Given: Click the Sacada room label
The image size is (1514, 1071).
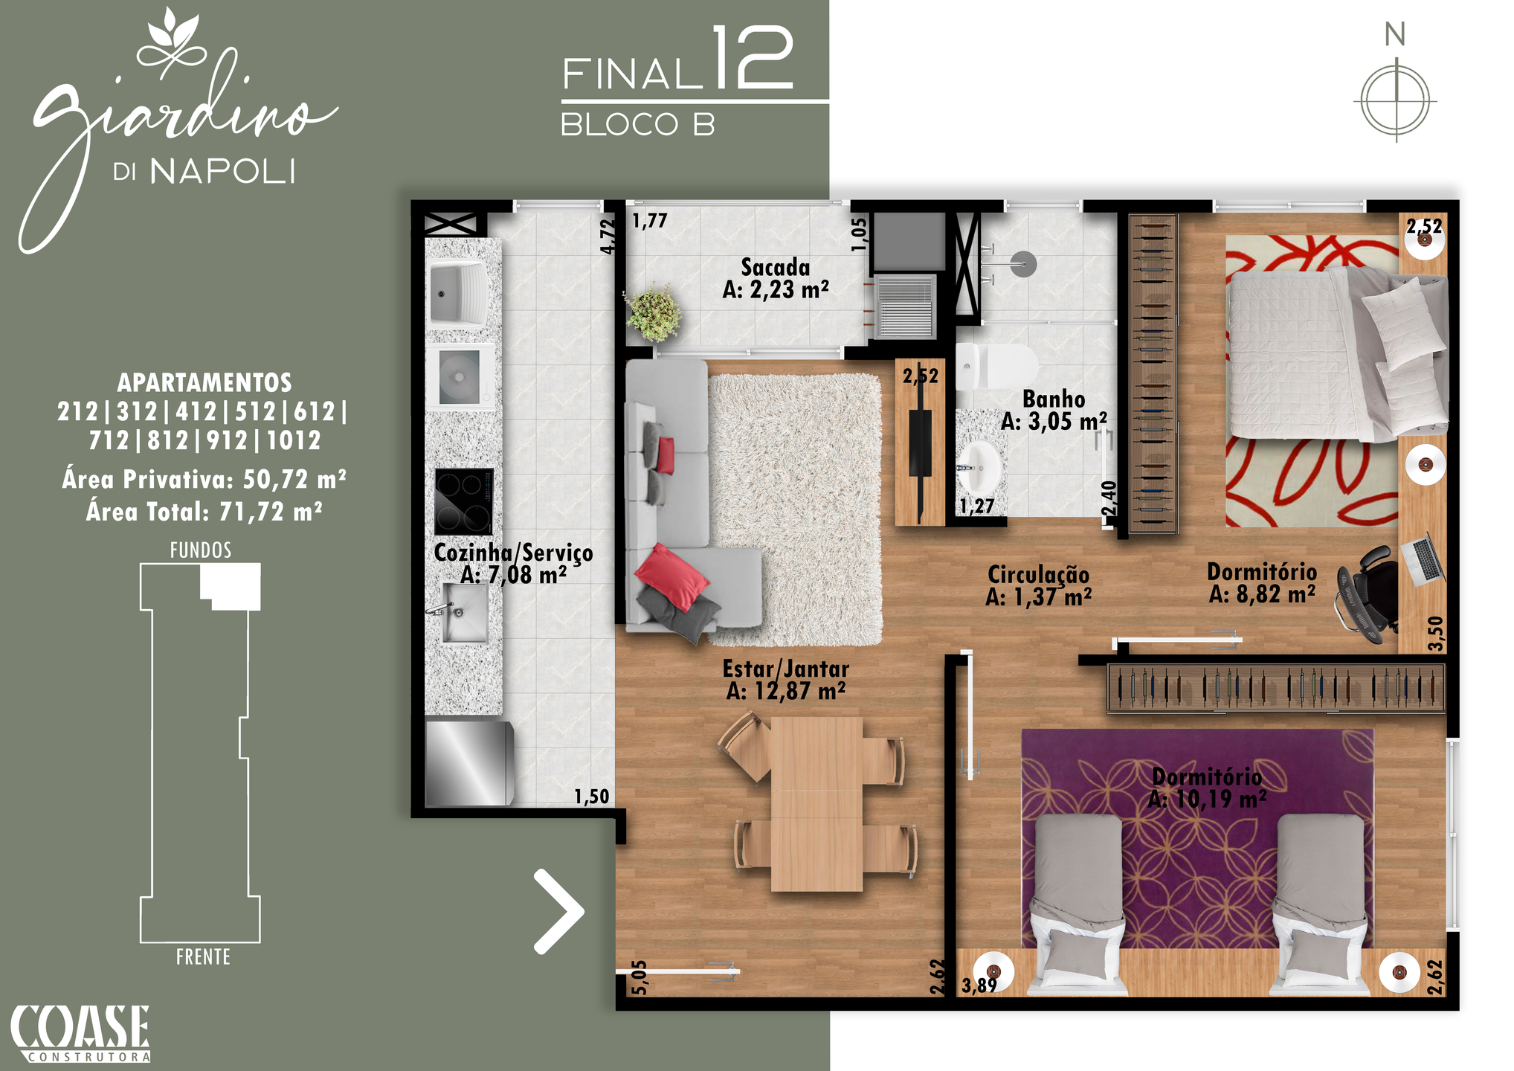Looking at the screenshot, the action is (776, 278).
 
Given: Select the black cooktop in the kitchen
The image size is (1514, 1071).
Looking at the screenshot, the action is (463, 501).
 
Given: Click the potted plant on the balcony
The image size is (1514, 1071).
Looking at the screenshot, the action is (653, 312).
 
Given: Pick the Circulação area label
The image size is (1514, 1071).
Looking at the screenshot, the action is (1038, 585).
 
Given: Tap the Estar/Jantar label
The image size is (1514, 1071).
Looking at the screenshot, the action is (786, 680).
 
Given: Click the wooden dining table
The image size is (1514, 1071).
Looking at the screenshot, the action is (816, 804).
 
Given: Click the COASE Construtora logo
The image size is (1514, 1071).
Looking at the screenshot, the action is (80, 1033).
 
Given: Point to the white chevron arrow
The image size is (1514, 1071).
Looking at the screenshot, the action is (558, 911).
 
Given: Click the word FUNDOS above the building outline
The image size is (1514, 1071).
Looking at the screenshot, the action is (201, 550).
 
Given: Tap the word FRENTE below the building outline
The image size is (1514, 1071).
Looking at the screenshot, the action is (203, 956).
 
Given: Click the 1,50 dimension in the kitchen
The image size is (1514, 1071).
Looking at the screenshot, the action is (591, 797).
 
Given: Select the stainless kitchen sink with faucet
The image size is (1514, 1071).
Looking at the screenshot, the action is (462, 612).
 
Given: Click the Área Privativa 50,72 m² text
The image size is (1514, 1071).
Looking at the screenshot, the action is (204, 479).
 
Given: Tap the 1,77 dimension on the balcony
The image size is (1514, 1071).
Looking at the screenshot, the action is (650, 220).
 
